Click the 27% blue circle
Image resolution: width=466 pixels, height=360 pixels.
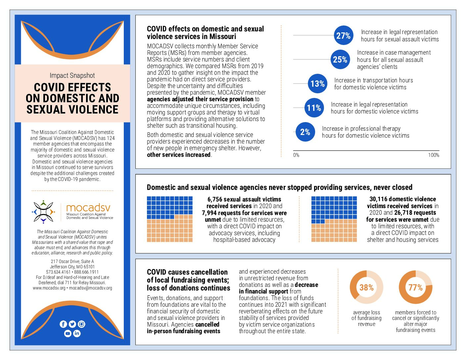tap(343, 35)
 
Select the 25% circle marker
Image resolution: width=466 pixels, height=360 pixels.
tap(340, 59)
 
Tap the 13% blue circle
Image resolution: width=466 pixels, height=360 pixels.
tap(318, 83)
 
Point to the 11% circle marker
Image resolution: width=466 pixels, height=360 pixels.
tap(314, 108)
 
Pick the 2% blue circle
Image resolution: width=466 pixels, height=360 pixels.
tap(305, 132)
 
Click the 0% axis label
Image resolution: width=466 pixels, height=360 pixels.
tap(296, 155)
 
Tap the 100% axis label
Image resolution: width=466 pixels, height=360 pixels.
tap(434, 155)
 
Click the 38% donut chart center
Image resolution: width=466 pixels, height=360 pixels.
tap(366, 287)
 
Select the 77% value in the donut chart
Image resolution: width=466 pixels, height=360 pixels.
tap(415, 287)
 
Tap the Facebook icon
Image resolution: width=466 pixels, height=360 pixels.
tap(63, 324)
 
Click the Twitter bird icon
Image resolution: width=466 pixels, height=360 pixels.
tap(72, 324)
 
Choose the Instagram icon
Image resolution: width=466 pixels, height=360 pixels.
tap(81, 324)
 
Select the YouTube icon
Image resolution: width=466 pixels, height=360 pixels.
tap(68, 333)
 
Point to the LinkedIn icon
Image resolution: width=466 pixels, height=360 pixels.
tap(77, 333)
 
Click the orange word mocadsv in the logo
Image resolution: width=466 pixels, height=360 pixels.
tap(88, 207)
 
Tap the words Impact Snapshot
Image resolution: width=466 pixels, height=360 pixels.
tap(72, 75)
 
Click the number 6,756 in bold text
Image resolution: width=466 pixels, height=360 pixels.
tap(215, 199)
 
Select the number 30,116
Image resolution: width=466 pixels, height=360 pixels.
tap(378, 199)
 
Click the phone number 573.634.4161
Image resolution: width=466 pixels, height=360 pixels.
tap(58, 272)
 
